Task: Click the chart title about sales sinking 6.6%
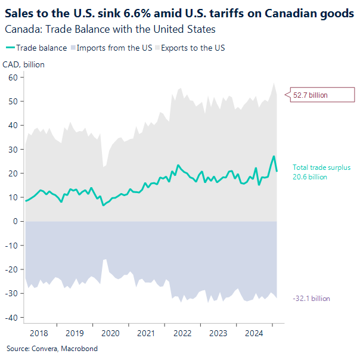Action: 179,14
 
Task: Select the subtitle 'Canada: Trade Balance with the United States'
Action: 110,29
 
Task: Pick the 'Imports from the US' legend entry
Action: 110,48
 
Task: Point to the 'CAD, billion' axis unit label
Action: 24,64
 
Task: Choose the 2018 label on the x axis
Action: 39,333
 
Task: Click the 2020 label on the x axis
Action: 110,333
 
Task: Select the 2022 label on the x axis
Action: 182,333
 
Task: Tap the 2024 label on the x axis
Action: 254,333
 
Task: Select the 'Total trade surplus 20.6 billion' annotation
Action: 321,172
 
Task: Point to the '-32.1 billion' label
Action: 311,299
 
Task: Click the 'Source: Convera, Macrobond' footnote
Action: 52,349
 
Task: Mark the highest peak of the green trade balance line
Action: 274,156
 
